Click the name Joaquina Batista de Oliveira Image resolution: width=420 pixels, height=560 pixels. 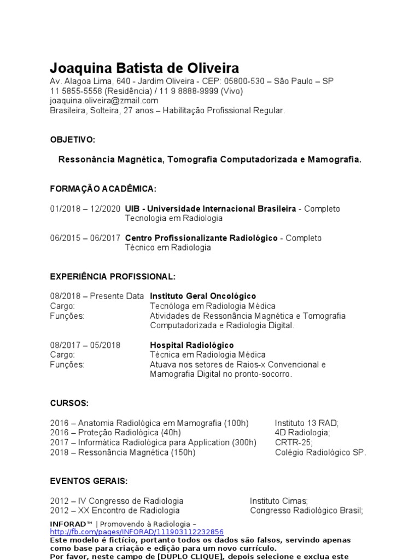144,68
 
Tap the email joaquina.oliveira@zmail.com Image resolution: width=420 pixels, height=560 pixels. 104,101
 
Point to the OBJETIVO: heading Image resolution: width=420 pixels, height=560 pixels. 72,140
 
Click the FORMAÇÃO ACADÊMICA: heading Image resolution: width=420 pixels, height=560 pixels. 103,189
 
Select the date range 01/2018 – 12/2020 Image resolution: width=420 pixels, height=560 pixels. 85,209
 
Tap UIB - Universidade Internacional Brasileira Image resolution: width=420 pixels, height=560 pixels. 211,209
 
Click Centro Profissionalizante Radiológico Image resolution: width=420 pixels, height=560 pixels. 201,238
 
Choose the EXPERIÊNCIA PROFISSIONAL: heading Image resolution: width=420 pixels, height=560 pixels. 113,276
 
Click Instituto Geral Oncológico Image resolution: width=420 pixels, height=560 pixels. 203,296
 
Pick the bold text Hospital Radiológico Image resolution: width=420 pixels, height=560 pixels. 192,345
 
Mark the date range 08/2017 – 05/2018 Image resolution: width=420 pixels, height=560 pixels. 85,345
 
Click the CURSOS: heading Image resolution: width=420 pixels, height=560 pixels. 69,403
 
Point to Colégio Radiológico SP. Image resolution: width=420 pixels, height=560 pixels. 320,452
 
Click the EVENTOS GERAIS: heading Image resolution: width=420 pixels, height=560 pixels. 89,481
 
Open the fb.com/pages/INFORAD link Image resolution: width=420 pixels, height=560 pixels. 137,532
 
